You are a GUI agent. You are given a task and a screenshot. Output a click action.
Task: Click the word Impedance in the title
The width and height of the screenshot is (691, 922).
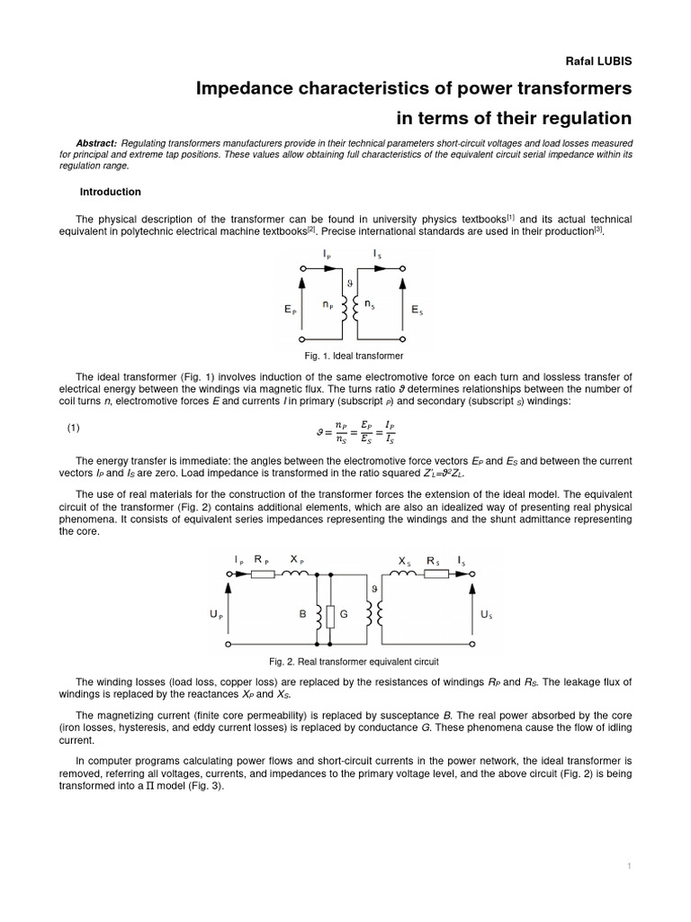tap(249, 88)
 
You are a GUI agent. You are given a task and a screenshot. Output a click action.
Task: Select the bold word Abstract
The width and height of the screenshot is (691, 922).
tap(96, 143)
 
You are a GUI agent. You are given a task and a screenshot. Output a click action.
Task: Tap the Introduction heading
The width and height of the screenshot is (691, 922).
tap(111, 192)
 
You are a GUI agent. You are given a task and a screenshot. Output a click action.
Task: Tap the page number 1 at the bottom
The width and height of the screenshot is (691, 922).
tap(629, 865)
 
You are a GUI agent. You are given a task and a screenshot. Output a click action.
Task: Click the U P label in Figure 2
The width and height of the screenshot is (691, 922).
tap(217, 615)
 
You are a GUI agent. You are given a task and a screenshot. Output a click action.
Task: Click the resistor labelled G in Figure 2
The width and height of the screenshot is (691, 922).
tap(331, 617)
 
